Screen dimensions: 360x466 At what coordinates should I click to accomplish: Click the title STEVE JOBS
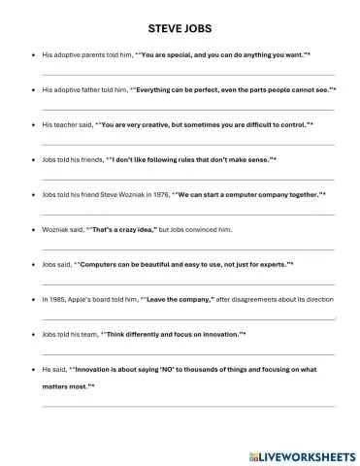tap(180, 29)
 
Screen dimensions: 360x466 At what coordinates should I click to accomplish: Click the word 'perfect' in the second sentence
tap(222, 90)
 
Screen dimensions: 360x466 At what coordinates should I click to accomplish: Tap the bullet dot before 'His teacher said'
tap(34, 125)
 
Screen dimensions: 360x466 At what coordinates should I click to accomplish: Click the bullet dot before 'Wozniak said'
tap(34, 229)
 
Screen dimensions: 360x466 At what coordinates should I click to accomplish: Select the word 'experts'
tap(272, 264)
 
